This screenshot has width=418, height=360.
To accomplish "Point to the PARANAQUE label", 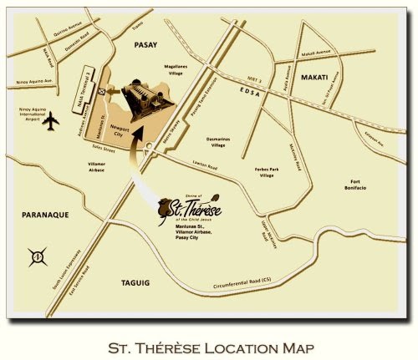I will coord(44,215).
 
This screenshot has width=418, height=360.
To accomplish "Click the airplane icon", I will coord(51,122).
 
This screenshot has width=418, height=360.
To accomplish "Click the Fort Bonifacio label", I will coord(357,186).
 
